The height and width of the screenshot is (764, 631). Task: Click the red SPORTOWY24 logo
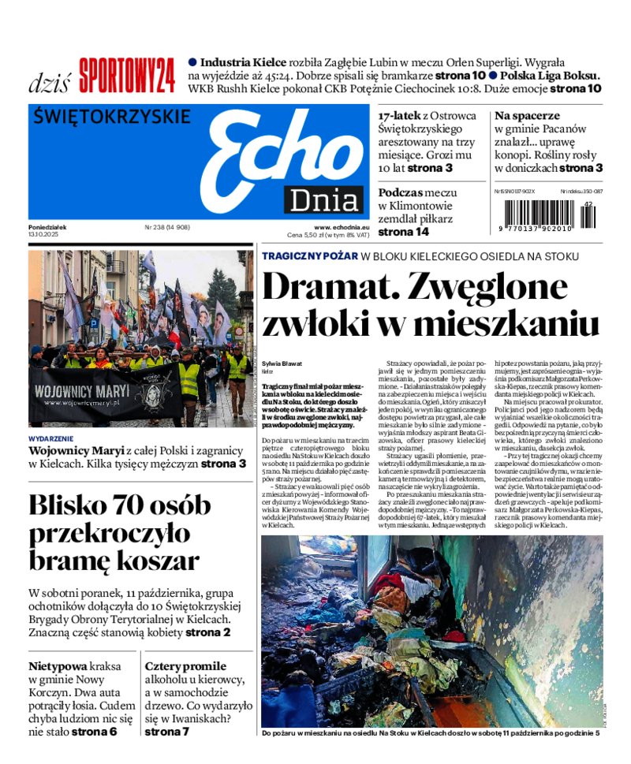[126, 76]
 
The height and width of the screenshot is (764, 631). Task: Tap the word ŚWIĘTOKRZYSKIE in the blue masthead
[113, 117]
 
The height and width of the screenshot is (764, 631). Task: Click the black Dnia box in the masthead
[324, 200]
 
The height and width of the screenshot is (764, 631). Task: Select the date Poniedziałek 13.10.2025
[47, 231]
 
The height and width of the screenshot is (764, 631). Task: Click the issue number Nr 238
[167, 227]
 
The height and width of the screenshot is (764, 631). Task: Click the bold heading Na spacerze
[527, 115]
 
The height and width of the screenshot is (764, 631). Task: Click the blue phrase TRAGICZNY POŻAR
[310, 256]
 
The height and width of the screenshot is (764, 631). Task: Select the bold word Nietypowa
[58, 665]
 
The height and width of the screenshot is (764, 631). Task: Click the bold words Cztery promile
[185, 665]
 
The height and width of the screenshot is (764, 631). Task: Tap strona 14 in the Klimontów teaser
[403, 233]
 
